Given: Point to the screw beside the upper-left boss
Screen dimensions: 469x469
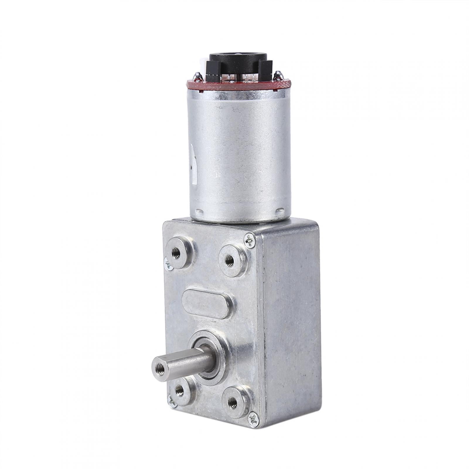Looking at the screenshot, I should (167, 263).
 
